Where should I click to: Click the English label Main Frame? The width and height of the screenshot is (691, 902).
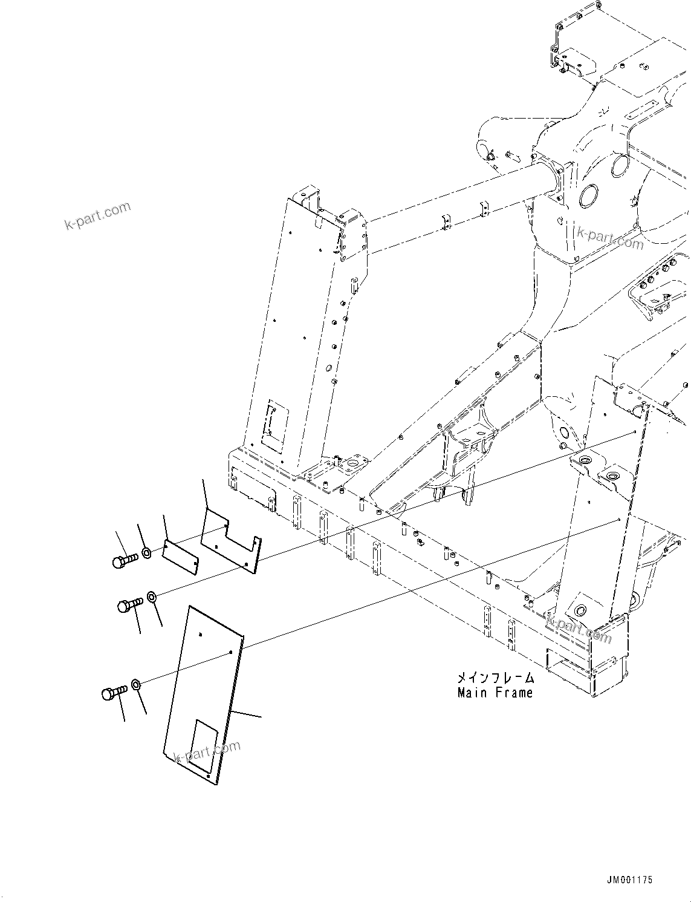495,693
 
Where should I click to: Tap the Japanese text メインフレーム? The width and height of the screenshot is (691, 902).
496,678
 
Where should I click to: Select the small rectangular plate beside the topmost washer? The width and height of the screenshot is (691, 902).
180,556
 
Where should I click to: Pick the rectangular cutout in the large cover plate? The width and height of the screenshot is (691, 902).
201,747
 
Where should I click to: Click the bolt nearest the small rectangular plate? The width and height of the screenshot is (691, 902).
125,561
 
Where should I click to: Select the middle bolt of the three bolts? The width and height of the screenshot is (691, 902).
129,604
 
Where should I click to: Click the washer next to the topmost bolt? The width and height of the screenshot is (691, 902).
146,552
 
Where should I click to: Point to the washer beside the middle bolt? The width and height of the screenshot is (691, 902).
152,598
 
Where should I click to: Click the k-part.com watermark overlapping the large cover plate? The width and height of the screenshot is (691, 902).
207,751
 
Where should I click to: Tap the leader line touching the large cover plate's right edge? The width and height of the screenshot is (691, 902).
248,714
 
